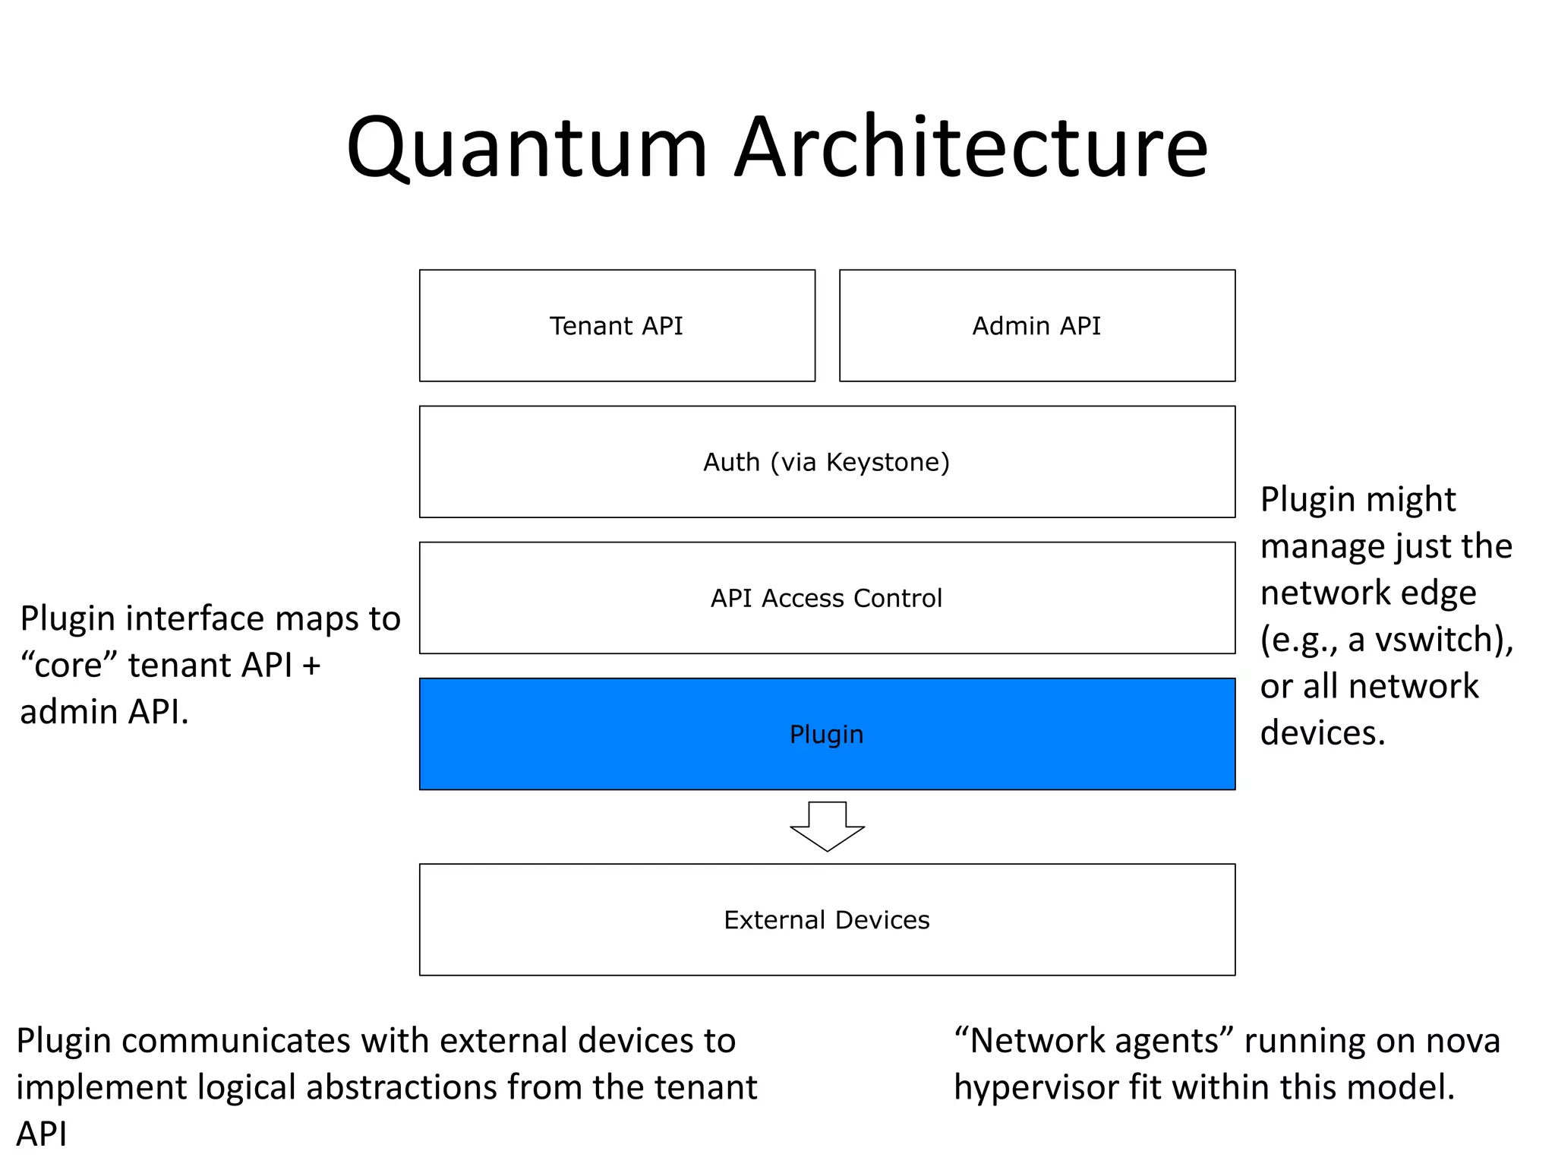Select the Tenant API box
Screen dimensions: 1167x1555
pos(617,326)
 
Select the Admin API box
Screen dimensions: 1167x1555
pos(1036,326)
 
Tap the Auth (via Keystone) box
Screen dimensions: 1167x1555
pos(826,462)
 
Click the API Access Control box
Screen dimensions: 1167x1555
pos(826,598)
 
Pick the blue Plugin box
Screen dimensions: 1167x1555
pos(826,734)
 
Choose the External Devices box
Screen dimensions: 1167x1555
pos(826,919)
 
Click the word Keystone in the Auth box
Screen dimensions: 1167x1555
pos(887,462)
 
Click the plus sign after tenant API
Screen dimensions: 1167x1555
pos(311,666)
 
